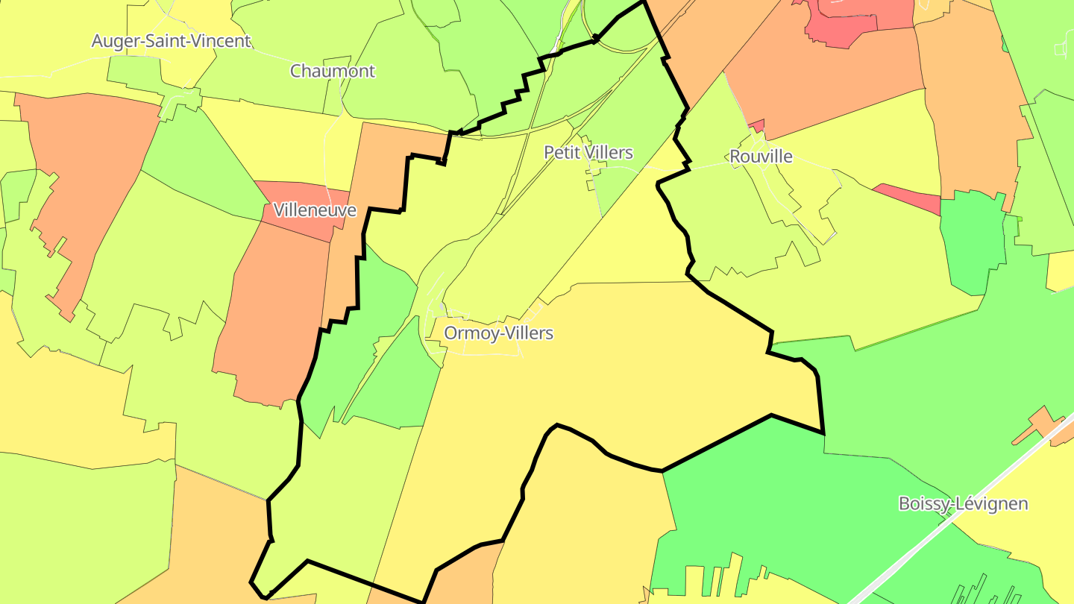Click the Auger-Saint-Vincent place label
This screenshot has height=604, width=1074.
pos(171,41)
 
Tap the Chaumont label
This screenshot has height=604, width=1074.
pos(332,71)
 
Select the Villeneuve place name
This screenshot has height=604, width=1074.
pos(314,210)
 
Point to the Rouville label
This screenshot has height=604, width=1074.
pos(761,157)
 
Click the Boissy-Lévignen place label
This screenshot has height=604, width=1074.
pos(963,503)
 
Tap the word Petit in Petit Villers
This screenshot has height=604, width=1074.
pos(563,153)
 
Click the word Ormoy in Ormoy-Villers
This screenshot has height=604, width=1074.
pos(470,333)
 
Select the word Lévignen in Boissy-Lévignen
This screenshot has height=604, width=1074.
pos(995,503)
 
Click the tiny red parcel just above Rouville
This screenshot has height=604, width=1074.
pos(757,125)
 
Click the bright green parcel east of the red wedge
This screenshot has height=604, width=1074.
pos(973,239)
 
